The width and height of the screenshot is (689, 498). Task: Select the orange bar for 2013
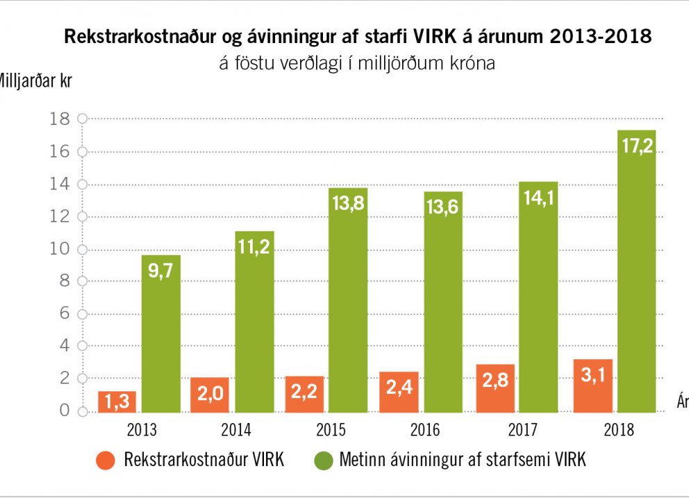[x=117, y=401]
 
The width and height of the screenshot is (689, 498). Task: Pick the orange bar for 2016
[x=399, y=392]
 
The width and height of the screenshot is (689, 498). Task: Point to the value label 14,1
[x=538, y=199]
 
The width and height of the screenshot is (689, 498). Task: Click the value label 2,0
[x=210, y=395]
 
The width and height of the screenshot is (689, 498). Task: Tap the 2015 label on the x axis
[x=330, y=430]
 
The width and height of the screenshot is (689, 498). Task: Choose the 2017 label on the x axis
[x=521, y=430]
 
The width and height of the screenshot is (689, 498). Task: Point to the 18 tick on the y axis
[x=60, y=119]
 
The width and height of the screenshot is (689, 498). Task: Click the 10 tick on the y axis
[x=60, y=249]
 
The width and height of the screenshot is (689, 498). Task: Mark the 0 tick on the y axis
[x=65, y=411]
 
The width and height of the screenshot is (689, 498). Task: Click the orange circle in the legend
[x=106, y=460]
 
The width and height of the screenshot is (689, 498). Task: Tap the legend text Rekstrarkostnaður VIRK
[x=204, y=460]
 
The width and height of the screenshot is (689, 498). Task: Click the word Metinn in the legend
[x=362, y=460]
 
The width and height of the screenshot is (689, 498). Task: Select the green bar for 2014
[x=254, y=321]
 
